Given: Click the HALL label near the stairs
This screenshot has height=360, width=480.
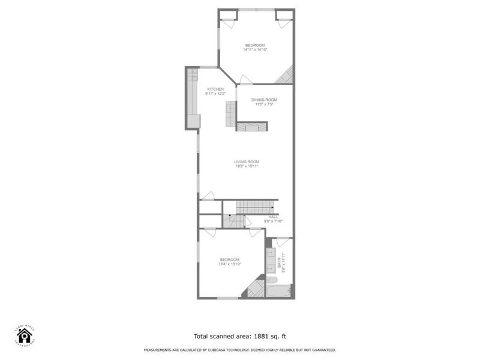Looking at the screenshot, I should [x=273, y=217].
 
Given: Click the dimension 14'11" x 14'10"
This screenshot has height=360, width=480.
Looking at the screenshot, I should [x=254, y=50].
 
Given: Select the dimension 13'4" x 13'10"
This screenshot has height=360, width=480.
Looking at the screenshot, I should [x=230, y=264].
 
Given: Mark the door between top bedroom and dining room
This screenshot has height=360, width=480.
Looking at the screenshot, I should [x=245, y=80].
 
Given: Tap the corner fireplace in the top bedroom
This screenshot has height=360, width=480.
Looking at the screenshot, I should [x=286, y=76].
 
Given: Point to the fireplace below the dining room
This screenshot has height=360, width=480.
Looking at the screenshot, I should [x=251, y=126].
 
